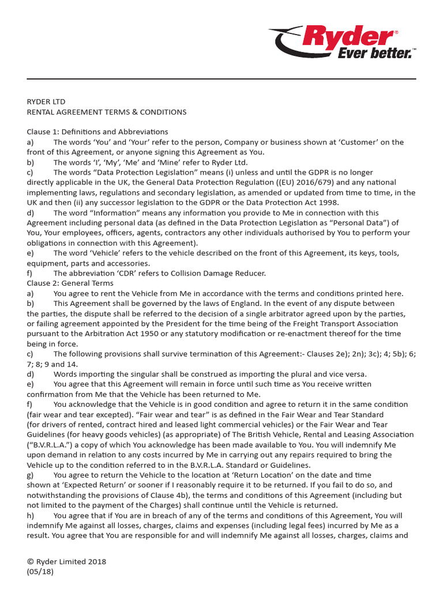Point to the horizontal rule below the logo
click(221, 78)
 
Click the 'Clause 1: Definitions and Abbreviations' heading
click(97, 132)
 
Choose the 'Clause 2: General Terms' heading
click(70, 283)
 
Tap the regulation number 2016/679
click(311, 183)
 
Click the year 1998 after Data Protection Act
click(330, 202)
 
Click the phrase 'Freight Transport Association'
click(352, 323)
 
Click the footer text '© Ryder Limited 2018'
click(66, 562)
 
